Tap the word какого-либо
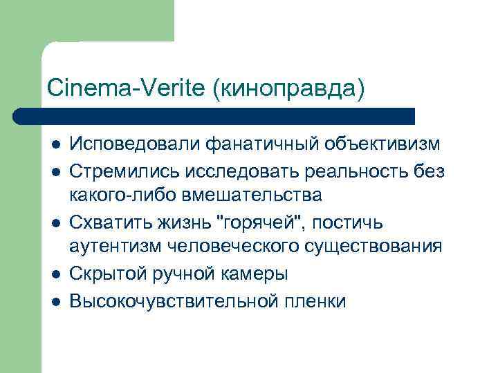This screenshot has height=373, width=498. (125, 195)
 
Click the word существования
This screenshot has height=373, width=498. (374, 247)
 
